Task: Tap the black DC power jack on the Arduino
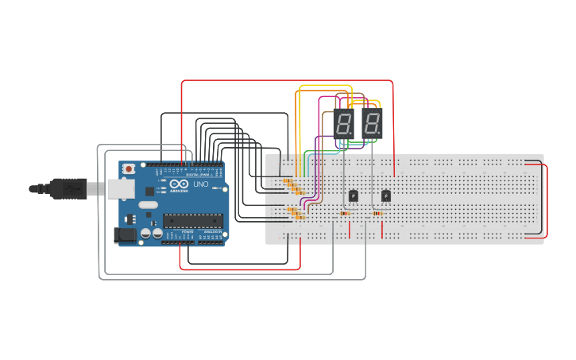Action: click(x=124, y=234)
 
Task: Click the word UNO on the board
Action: click(x=200, y=184)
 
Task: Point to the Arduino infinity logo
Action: click(x=178, y=185)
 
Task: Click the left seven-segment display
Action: click(x=343, y=124)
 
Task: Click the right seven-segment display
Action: click(x=372, y=124)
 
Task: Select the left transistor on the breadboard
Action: click(x=354, y=195)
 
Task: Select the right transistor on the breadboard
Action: click(x=386, y=195)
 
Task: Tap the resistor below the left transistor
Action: click(x=345, y=213)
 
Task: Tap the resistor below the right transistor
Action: click(x=377, y=213)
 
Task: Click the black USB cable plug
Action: click(x=68, y=188)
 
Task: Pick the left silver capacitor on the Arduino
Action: click(x=146, y=234)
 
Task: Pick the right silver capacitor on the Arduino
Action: click(x=157, y=234)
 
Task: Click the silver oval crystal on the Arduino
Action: click(x=148, y=205)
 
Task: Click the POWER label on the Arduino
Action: click(x=187, y=232)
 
